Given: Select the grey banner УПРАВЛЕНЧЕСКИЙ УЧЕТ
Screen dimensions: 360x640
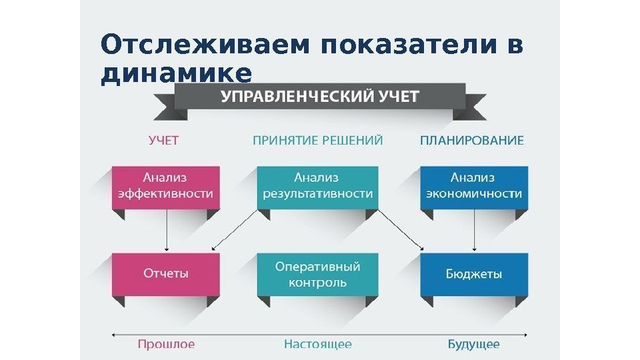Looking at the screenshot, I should (x=320, y=97).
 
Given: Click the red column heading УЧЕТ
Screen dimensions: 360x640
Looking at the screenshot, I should (x=163, y=141).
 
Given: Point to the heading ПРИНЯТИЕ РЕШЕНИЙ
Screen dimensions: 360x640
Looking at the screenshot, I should (x=318, y=141).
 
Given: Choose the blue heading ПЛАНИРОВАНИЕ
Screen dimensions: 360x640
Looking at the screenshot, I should (x=472, y=141).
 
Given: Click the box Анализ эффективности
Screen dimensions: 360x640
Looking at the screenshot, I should (x=165, y=186).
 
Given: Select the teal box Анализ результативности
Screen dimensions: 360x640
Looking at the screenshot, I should (x=317, y=186).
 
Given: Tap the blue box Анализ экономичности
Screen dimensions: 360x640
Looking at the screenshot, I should (x=473, y=186).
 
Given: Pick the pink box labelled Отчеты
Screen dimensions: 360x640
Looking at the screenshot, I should (x=165, y=273).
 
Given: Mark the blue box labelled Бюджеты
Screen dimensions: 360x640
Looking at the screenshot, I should (x=473, y=273).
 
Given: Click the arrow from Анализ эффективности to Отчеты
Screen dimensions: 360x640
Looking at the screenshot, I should (x=166, y=233).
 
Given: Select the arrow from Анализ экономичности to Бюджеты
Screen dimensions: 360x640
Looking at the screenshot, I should (x=474, y=233).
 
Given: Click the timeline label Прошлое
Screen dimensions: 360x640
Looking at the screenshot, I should (x=166, y=344).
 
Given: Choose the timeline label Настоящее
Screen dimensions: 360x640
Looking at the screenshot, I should (x=318, y=344).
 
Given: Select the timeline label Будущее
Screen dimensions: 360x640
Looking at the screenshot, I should (x=473, y=344).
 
